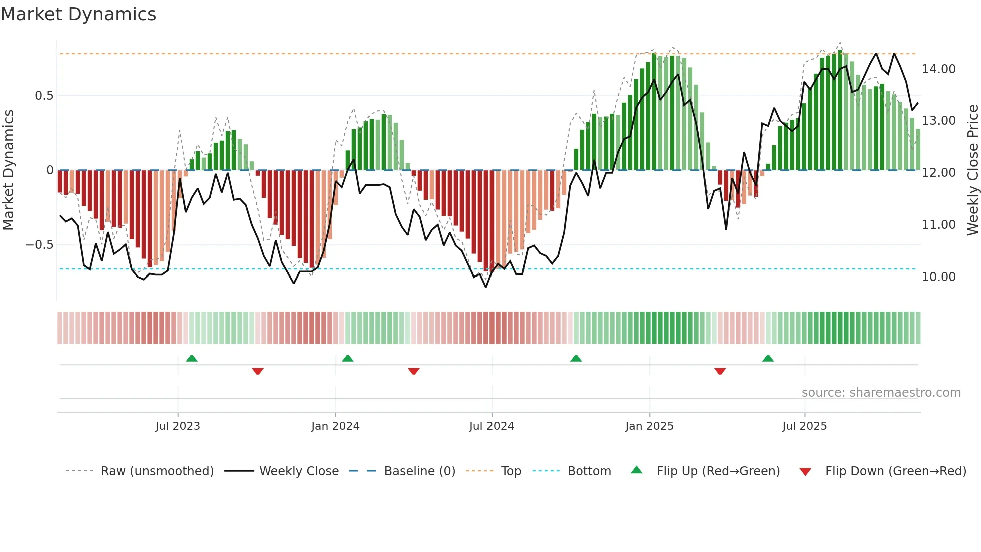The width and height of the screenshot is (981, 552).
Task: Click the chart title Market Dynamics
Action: [x=78, y=14]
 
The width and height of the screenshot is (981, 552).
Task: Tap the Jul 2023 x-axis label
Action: [x=178, y=426]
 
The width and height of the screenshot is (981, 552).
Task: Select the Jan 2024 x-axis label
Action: [x=335, y=426]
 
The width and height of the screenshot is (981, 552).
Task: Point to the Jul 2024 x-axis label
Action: [x=492, y=426]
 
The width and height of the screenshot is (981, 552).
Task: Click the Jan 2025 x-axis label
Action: [x=649, y=426]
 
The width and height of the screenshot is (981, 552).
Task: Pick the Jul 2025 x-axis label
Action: [x=805, y=426]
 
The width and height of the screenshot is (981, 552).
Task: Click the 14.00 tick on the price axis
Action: [x=939, y=69]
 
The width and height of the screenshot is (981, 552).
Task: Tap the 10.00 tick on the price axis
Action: [x=939, y=277]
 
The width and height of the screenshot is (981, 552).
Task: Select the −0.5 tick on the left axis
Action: [x=40, y=245]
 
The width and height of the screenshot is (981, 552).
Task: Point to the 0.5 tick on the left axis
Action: [x=44, y=96]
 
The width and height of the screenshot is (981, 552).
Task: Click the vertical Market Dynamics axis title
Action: [x=8, y=170]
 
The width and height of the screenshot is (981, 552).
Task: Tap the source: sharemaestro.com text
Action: [x=881, y=393]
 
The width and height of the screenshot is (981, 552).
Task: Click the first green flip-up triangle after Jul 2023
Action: [x=192, y=358]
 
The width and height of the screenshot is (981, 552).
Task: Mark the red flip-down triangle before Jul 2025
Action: [x=720, y=371]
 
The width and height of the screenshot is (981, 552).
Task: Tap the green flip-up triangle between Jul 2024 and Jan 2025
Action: [x=576, y=358]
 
